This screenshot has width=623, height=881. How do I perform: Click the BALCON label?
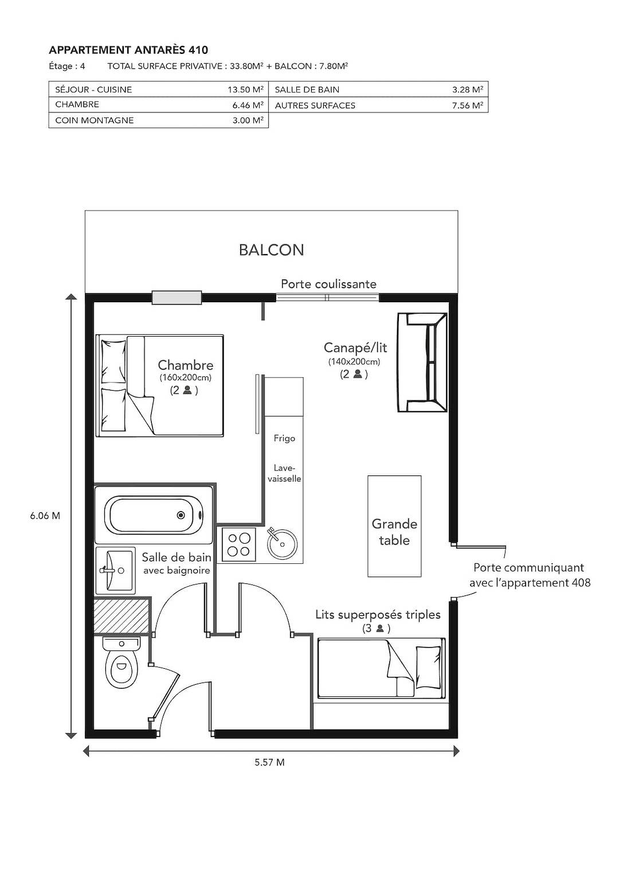[x=271, y=250]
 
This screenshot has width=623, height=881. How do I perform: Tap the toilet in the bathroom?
[x=121, y=663]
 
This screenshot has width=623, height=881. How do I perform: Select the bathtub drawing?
[x=154, y=515]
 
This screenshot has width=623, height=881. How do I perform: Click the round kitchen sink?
[x=282, y=543]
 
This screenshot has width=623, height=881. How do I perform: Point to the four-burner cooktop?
[x=239, y=544]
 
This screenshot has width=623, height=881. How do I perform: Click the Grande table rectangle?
[x=394, y=526]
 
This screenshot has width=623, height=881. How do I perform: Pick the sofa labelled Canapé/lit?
[x=422, y=362]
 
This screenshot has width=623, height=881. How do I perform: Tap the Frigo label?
[x=284, y=438]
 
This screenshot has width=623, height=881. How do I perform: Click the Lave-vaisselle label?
[x=284, y=473]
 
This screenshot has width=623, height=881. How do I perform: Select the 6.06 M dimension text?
[x=45, y=516]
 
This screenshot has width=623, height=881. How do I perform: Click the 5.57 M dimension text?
[x=269, y=762]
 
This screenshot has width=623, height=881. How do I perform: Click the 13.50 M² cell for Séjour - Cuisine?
[x=245, y=89]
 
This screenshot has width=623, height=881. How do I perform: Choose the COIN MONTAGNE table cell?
[x=95, y=120]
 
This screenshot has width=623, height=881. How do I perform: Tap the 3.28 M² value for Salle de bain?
[x=467, y=89]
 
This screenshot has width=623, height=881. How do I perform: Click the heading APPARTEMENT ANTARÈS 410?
[x=128, y=50]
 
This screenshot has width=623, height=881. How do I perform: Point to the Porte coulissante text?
[x=328, y=284]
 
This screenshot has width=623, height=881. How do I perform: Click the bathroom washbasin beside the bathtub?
[x=115, y=570]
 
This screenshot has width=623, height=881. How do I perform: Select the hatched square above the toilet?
[x=122, y=615]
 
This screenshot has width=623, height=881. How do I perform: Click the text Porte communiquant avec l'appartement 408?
[x=529, y=575]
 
